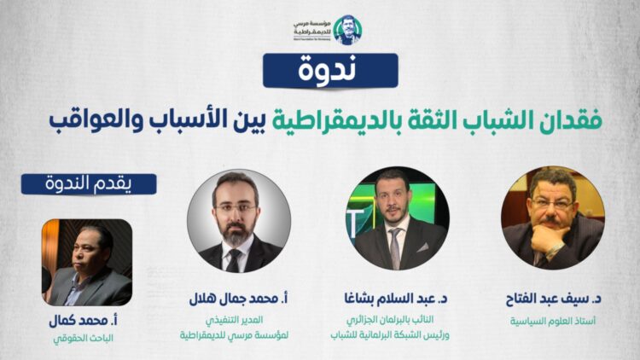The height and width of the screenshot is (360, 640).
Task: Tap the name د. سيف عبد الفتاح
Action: click(552, 299)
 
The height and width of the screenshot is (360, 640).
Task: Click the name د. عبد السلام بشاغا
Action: click(396, 299)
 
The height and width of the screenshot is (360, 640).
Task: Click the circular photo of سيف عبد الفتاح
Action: click(552, 218)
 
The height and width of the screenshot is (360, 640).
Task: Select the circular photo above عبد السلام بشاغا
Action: click(396, 218)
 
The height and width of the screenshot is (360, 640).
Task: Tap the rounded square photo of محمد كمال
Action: click(87, 262)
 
